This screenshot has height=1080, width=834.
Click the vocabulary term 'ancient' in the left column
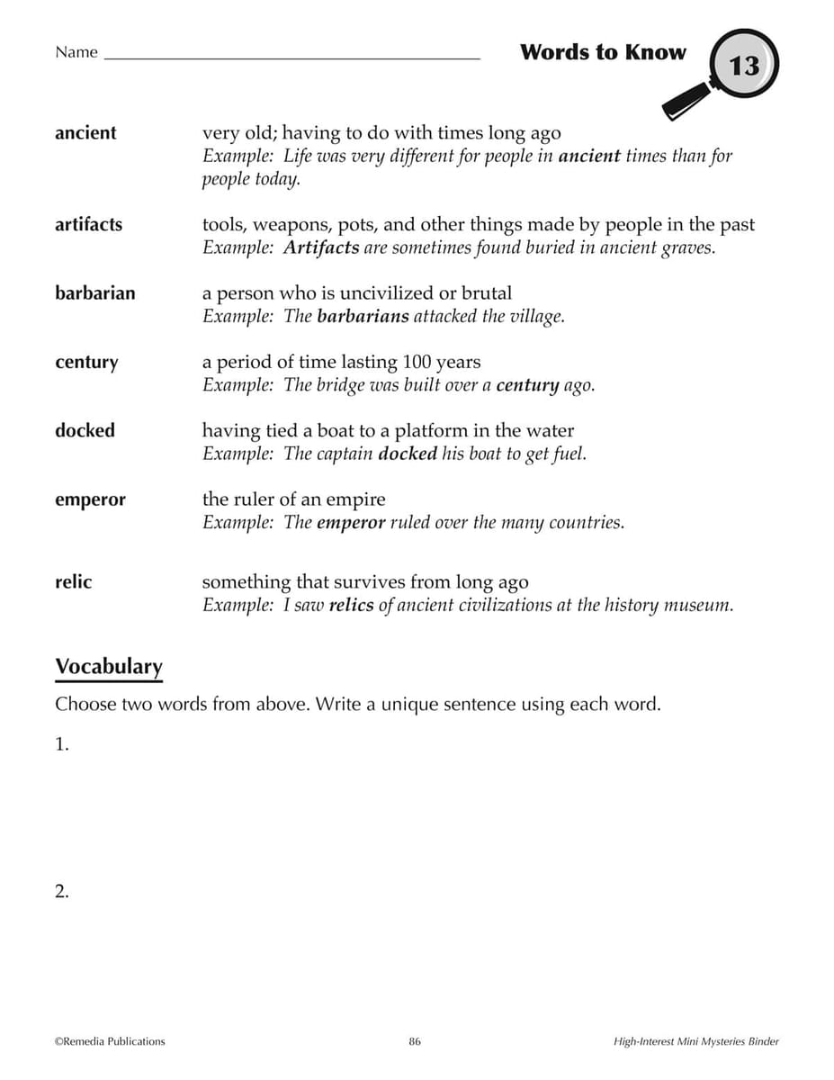(85, 133)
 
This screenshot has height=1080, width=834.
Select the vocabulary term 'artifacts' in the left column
(88, 224)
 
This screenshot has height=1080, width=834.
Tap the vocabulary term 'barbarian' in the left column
(94, 292)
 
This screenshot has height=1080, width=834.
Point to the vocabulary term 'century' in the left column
(86, 362)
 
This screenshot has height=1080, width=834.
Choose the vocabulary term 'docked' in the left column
(85, 430)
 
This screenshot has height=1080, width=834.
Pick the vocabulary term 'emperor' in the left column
(90, 499)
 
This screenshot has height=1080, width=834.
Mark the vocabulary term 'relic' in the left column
(73, 582)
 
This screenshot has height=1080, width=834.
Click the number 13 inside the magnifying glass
(744, 66)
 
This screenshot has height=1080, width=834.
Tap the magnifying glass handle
(683, 105)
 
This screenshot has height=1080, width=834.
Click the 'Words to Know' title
(602, 52)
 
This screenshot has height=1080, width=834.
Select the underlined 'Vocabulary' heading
(109, 667)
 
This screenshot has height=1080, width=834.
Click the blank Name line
(292, 57)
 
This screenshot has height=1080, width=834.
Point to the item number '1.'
(62, 744)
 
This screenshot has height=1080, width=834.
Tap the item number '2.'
(62, 892)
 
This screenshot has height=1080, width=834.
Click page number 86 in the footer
(415, 1041)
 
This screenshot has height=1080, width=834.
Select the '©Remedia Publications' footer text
(110, 1041)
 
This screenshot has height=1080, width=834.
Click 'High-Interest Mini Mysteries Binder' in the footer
(695, 1041)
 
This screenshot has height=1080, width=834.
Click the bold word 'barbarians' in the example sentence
(363, 317)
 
